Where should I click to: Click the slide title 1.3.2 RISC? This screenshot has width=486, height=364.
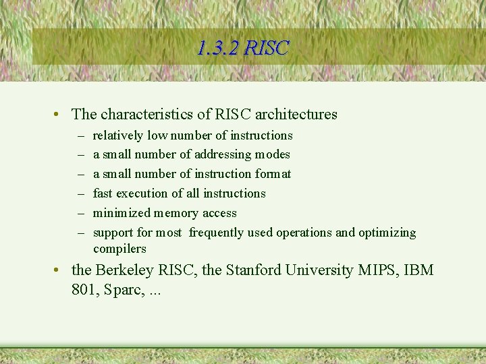click(243, 48)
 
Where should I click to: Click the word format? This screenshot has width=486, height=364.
click(274, 174)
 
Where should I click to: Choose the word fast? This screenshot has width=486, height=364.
click(103, 193)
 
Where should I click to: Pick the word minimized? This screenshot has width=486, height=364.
click(122, 213)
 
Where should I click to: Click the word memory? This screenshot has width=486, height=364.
click(177, 213)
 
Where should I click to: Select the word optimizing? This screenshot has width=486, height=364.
click(387, 233)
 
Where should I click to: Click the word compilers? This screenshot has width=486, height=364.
click(119, 249)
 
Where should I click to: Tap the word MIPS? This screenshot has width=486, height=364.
click(375, 270)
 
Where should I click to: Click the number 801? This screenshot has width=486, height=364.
click(84, 291)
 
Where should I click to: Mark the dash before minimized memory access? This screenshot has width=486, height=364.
click(80, 213)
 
